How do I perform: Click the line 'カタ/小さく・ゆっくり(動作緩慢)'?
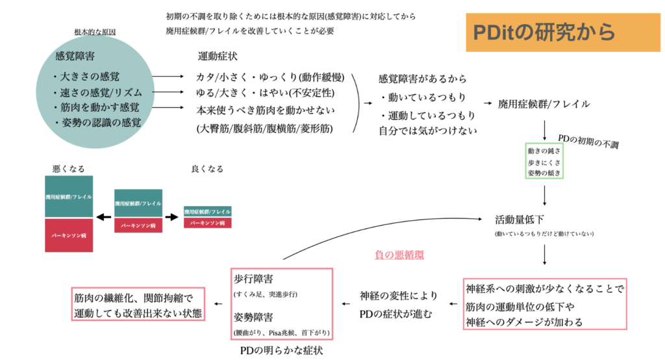(270, 77)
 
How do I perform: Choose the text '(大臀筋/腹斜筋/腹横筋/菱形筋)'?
(265, 129)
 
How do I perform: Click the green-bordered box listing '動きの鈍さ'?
(544, 161)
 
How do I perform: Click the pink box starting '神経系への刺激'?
(545, 305)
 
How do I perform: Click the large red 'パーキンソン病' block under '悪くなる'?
(69, 235)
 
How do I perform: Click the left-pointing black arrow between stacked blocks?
(103, 216)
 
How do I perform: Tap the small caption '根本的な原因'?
(95, 31)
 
